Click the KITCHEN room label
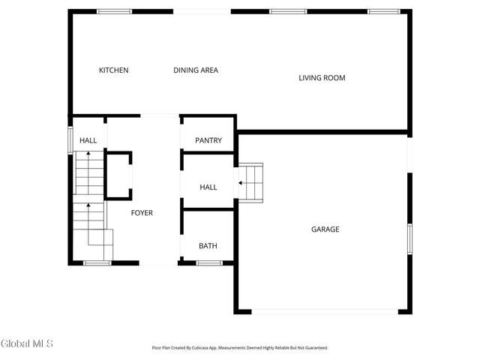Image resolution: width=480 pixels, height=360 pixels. (x=114, y=70)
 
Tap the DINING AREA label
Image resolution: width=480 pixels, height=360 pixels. (x=196, y=70)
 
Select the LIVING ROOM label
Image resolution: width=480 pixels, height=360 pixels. (x=322, y=78)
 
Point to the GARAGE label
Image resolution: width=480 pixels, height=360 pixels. (x=325, y=229)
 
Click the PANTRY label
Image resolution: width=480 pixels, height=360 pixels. (x=208, y=141)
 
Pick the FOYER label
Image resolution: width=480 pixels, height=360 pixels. (x=142, y=213)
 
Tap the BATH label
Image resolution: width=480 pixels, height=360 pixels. (x=208, y=246)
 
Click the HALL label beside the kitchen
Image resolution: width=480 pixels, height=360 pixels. (x=88, y=140)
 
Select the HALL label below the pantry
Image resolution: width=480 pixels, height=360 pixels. (x=208, y=187)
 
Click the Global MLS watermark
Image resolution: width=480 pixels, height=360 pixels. (x=28, y=344)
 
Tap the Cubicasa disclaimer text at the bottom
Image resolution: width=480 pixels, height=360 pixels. (x=240, y=348)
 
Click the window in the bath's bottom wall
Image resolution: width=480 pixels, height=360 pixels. (x=208, y=263)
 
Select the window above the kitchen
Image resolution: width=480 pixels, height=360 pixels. (x=114, y=11)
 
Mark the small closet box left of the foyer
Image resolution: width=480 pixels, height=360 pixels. (x=118, y=174)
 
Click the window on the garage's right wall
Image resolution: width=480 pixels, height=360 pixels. (x=409, y=238)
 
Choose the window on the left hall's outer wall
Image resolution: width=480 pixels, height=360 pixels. (x=70, y=139)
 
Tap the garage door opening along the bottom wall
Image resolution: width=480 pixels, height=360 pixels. (x=323, y=312)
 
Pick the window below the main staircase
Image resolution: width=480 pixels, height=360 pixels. (x=97, y=263)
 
